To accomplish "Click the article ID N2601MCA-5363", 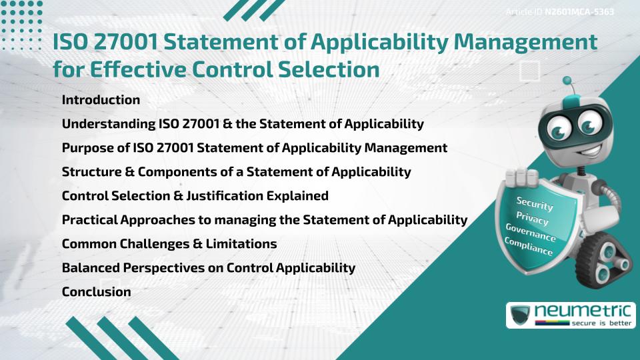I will [x=579, y=11].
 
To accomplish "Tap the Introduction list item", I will [x=101, y=100].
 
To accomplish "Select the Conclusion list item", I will [x=96, y=292].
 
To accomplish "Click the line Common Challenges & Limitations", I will [x=169, y=244].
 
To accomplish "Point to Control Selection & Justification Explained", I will [x=195, y=196].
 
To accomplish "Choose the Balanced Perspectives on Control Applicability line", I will [x=208, y=268].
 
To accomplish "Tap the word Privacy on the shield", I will [x=533, y=219].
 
